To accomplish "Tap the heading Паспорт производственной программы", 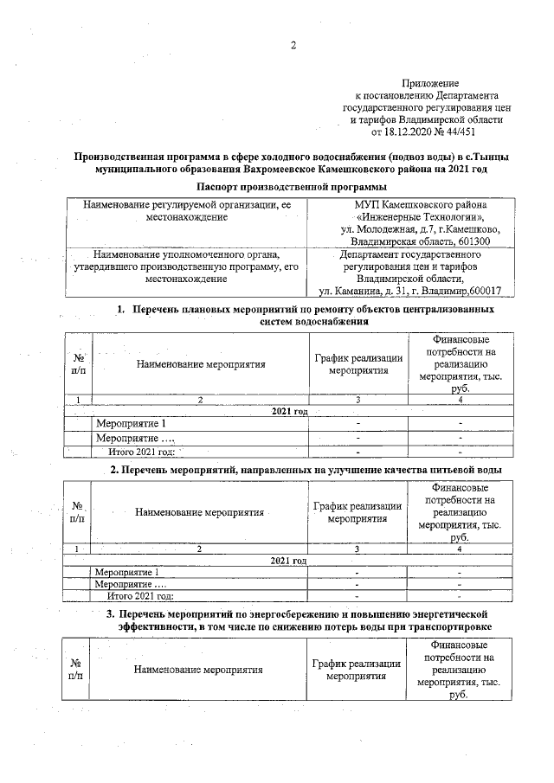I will [x=291, y=187].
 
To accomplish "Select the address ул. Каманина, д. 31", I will [x=367, y=291].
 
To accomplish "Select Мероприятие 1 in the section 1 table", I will [x=131, y=424].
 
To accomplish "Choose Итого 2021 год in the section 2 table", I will [x=139, y=595].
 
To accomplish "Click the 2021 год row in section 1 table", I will [x=291, y=411].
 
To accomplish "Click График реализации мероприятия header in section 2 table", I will [x=357, y=512].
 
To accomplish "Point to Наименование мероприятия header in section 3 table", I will [x=199, y=669].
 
